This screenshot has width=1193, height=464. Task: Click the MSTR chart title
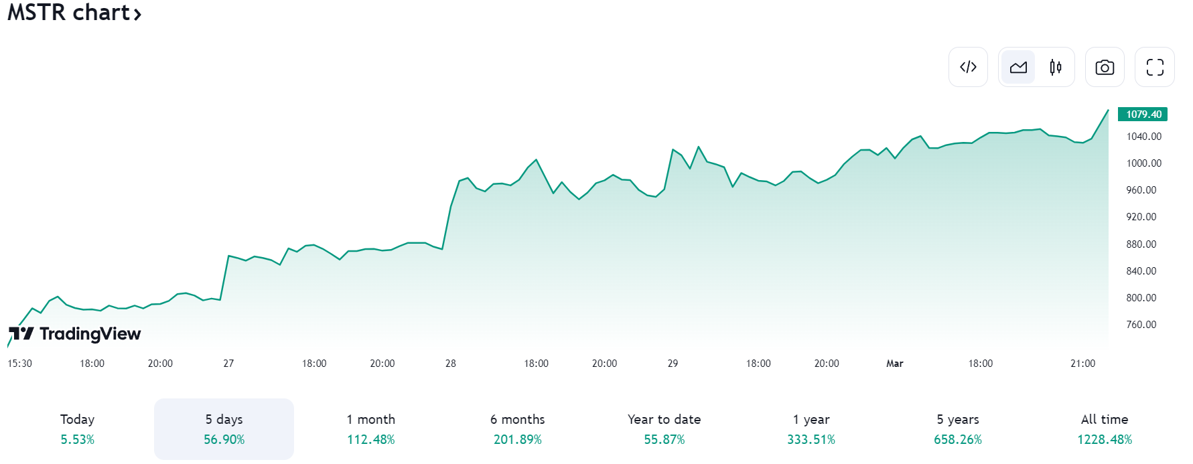click(74, 13)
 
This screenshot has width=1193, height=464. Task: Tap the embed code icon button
click(968, 67)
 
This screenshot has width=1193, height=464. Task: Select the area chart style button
click(1018, 67)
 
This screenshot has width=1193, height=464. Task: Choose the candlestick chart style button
click(1056, 67)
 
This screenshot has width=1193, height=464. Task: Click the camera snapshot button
click(1105, 67)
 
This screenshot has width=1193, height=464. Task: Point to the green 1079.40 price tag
click(1143, 114)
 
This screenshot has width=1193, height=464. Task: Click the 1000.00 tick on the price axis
click(1143, 163)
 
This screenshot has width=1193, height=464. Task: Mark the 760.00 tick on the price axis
click(1141, 325)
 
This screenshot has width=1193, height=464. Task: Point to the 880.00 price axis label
click(1141, 244)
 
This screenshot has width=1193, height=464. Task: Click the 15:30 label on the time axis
click(19, 364)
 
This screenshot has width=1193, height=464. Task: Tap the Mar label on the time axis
click(894, 364)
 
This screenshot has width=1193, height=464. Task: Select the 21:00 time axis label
click(1082, 364)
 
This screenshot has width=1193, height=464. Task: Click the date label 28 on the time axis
click(450, 364)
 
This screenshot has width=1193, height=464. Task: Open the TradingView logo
click(74, 333)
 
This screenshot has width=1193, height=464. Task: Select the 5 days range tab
click(224, 429)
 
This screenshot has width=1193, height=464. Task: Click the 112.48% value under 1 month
click(370, 440)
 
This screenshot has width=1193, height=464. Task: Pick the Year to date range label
click(664, 420)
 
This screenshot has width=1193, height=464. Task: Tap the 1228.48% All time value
click(1104, 440)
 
